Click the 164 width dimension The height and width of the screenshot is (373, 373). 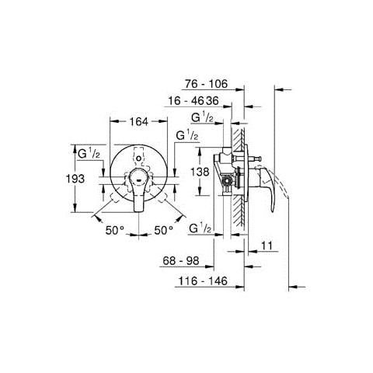click(x=139, y=121)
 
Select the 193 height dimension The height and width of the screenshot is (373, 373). click(x=75, y=179)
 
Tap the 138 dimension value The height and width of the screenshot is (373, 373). click(x=200, y=172)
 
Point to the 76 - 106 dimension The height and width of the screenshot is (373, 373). click(x=206, y=84)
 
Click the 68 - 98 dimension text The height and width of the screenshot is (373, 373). click(x=181, y=260)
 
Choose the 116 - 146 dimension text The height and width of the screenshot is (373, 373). click(x=203, y=281)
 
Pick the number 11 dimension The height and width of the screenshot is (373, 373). click(x=267, y=246)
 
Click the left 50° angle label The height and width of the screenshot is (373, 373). click(x=115, y=230)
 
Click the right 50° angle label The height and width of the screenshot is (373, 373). click(x=164, y=230)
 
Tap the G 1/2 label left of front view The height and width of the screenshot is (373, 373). click(x=89, y=154)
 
